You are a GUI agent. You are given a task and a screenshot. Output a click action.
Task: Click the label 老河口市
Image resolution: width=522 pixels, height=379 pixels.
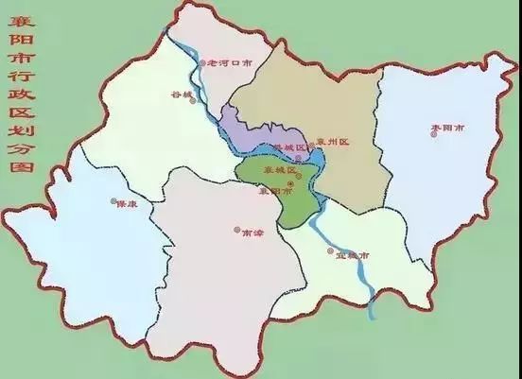pos(230,63)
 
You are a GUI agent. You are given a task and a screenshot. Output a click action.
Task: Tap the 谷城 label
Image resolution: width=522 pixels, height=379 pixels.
pos(179,95)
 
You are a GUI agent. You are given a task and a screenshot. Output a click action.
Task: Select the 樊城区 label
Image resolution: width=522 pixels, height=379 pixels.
pos(289,148)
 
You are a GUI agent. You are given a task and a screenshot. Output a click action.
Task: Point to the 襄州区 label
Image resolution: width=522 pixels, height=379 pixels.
pos(333,142)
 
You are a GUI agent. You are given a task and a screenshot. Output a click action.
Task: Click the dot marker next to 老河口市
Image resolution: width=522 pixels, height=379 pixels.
pos(202,63)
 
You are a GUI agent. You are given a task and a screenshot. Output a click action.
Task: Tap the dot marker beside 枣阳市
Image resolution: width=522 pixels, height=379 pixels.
pos(434,133)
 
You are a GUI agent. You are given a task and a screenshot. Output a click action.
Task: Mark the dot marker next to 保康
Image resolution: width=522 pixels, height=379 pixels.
pos(113,201)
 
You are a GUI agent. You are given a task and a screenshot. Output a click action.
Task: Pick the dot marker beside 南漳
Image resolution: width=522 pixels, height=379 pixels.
pos(236,229)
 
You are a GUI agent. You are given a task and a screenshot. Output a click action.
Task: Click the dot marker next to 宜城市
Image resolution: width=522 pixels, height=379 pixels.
pos(330,250)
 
